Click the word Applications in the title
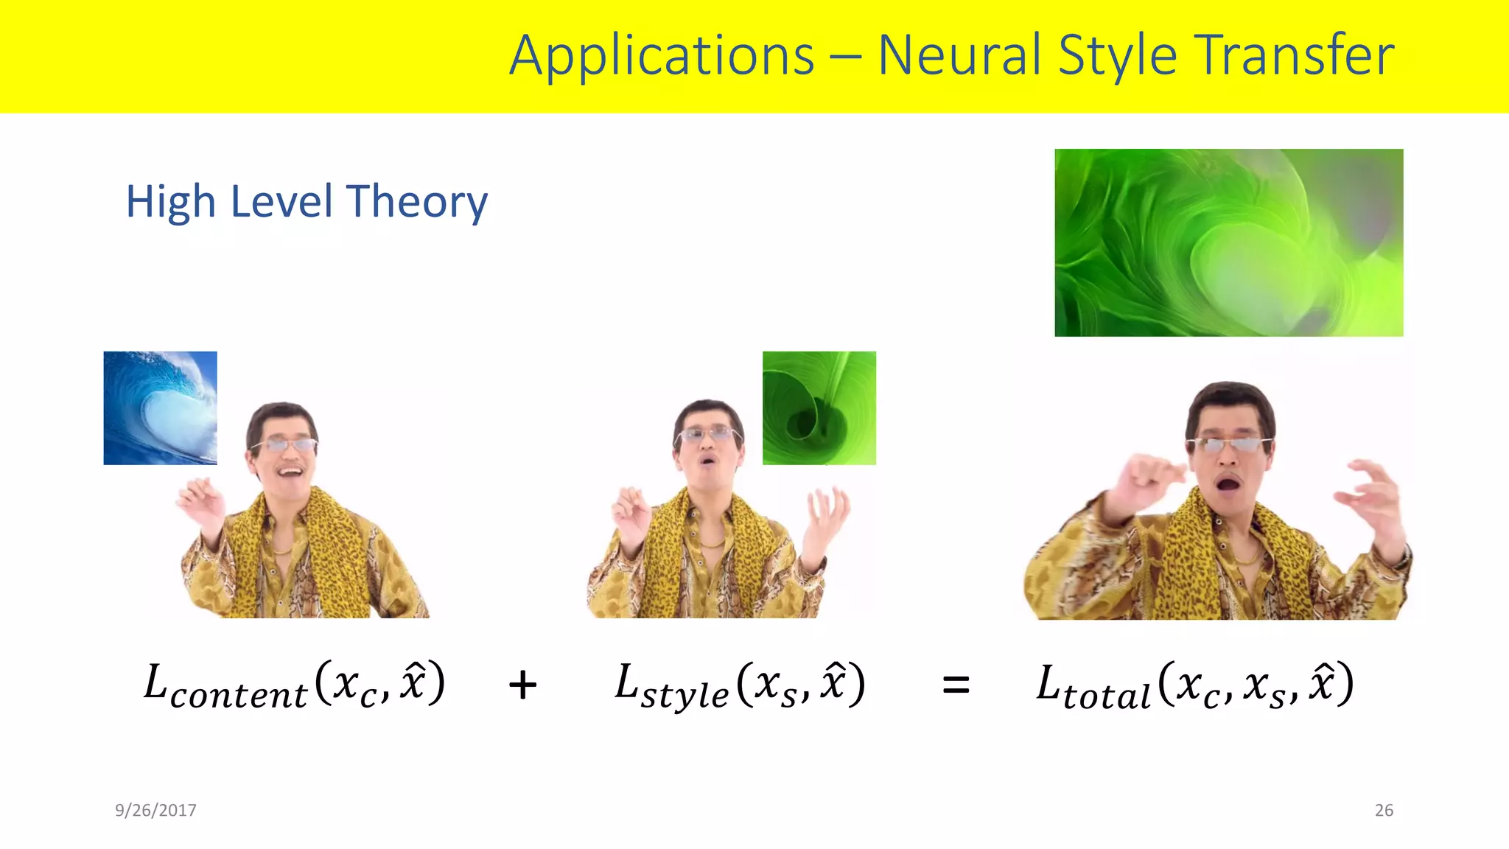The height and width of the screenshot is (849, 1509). click(x=662, y=56)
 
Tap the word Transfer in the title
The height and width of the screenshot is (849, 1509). click(x=1295, y=56)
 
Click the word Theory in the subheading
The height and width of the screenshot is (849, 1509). click(x=417, y=201)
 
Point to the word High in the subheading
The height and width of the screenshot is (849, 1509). click(x=171, y=201)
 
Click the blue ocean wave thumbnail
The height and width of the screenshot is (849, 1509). click(x=160, y=408)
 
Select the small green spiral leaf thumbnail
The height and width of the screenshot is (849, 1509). click(x=819, y=408)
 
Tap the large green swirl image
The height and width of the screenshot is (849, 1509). click(x=1228, y=242)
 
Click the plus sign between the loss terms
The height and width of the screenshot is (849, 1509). click(x=522, y=685)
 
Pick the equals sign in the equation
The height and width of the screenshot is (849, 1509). click(x=956, y=685)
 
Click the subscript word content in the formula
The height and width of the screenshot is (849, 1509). click(x=238, y=696)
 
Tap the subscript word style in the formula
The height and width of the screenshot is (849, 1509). click(x=685, y=696)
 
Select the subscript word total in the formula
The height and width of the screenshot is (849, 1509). click(x=1107, y=696)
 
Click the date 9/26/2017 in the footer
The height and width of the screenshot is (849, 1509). click(x=155, y=810)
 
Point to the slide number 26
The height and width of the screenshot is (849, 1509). click(x=1384, y=810)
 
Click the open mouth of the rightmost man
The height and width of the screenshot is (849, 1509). click(x=1228, y=484)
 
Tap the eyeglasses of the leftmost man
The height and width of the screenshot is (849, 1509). click(x=284, y=444)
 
